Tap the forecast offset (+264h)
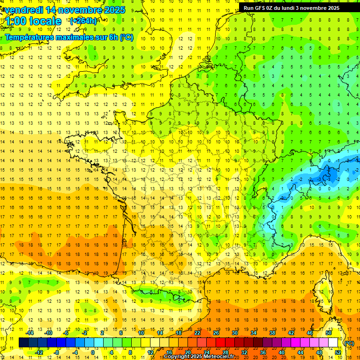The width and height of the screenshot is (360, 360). (83, 21)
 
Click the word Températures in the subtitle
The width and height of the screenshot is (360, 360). (30, 37)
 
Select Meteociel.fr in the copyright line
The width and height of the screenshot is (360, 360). (221, 357)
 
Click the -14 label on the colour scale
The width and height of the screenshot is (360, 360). (30, 333)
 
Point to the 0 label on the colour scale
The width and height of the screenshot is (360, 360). (92, 352)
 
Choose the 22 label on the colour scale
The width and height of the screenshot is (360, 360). (197, 333)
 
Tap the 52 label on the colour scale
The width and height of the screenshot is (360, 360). (337, 352)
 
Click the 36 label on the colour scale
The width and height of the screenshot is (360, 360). (262, 352)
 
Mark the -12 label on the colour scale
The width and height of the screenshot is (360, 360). (39, 352)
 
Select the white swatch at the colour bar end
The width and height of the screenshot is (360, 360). (333, 343)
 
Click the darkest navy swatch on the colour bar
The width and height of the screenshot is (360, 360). (23, 343)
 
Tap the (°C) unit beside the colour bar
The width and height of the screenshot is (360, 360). (349, 343)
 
